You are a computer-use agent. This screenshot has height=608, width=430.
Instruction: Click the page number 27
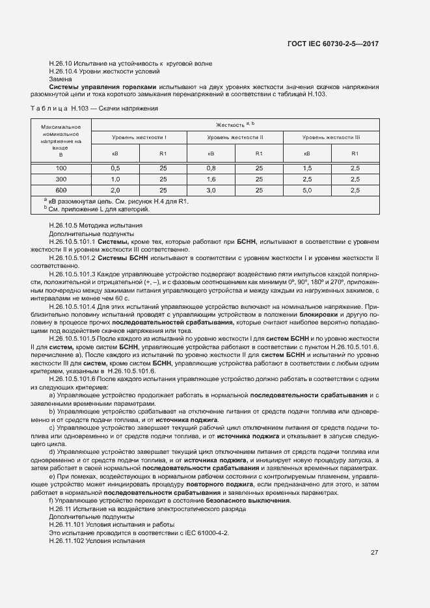(x=374, y=553)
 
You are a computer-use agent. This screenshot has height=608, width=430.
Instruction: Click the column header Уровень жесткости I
(x=139, y=138)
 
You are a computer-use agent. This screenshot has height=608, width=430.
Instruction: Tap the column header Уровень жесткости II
(x=235, y=138)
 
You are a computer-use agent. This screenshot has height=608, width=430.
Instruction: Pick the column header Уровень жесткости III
(x=331, y=138)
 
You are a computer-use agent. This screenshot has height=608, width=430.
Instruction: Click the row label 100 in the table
(x=61, y=168)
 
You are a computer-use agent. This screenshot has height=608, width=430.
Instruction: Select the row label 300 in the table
(x=61, y=179)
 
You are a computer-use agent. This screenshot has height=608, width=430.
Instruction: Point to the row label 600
(x=61, y=190)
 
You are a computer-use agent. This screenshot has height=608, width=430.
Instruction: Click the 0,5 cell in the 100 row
(x=115, y=168)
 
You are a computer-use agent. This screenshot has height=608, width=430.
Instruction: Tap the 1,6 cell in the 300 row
(x=211, y=179)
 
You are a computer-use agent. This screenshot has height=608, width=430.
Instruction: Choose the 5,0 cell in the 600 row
(x=307, y=190)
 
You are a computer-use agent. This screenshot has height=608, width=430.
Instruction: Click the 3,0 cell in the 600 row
(x=211, y=190)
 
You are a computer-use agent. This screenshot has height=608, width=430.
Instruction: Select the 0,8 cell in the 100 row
(x=211, y=168)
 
